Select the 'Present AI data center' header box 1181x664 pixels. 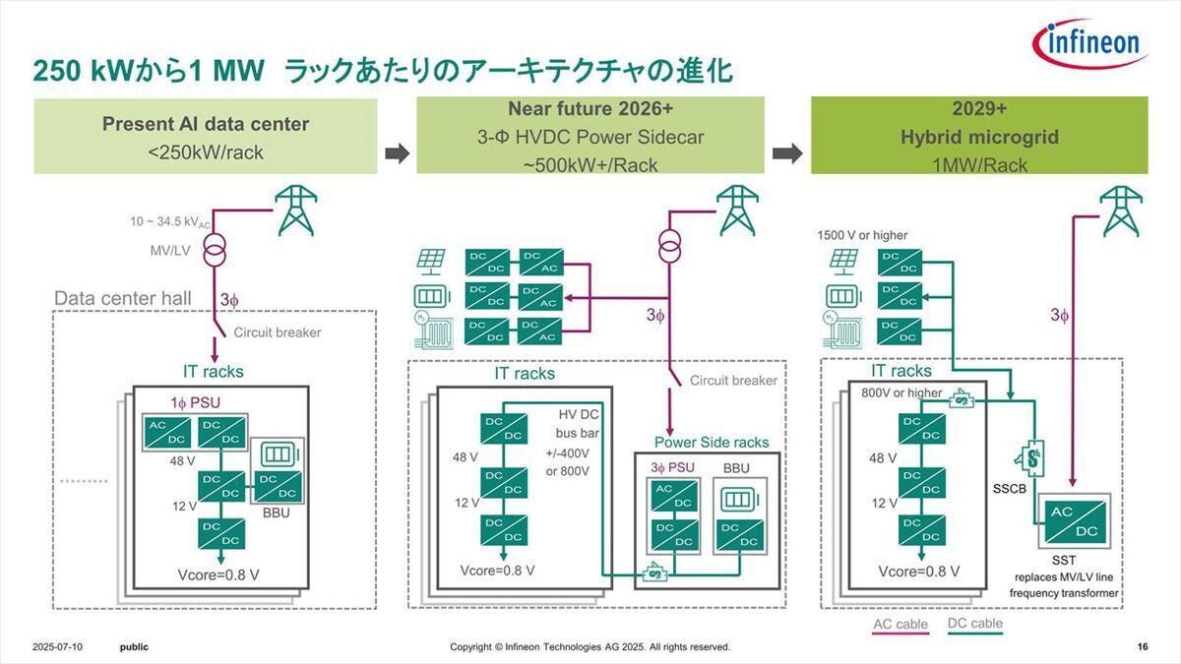[206, 137]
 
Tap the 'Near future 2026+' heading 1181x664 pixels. [590, 108]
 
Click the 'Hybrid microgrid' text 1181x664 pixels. [979, 137]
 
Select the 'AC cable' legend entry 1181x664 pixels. [901, 625]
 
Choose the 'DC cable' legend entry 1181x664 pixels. [974, 624]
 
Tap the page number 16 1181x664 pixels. [1142, 647]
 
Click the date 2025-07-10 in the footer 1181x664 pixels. [57, 647]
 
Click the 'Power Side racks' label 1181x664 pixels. [712, 442]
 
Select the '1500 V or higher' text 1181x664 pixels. [862, 235]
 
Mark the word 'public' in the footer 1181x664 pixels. [134, 647]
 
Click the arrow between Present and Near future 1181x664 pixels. [397, 152]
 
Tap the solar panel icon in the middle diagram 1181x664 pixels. [431, 262]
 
